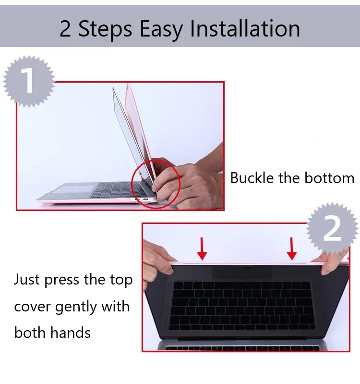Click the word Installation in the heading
(245, 29)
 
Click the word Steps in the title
(106, 30)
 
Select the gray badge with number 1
(29, 81)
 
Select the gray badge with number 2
(332, 229)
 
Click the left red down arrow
(202, 248)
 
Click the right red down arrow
(291, 248)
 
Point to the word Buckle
(252, 178)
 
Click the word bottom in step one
(329, 178)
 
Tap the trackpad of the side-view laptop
(72, 189)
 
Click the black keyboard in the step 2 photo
(242, 306)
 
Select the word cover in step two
(32, 307)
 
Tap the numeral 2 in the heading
(65, 29)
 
